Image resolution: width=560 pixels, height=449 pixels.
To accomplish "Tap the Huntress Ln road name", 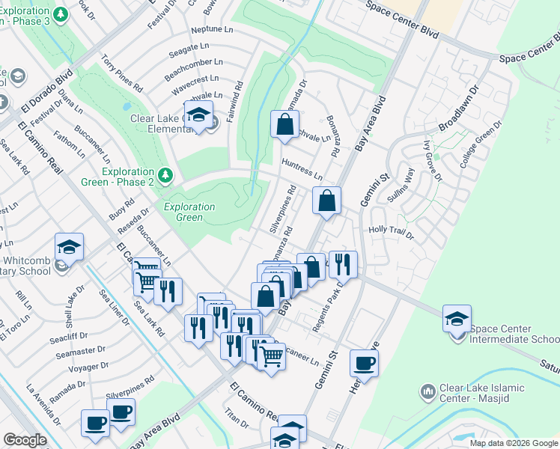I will tap(302, 169).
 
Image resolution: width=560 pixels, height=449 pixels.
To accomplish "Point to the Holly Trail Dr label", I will tap(390, 233).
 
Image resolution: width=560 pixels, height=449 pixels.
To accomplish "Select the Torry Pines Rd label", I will tap(121, 73).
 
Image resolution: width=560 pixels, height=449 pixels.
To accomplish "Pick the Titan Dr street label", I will tap(236, 418).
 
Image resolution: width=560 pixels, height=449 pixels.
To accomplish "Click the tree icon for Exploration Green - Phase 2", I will tap(165, 176).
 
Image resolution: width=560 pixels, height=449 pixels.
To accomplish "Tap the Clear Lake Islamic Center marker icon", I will tap(427, 391).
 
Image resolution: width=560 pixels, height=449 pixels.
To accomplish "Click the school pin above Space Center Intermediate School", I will tap(457, 318).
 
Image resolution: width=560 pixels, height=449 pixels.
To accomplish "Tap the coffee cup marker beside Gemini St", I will tap(364, 363).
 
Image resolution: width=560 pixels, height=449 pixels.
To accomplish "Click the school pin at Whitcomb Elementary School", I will tap(69, 246).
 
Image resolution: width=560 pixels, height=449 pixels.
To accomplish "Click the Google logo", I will tap(25, 440).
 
